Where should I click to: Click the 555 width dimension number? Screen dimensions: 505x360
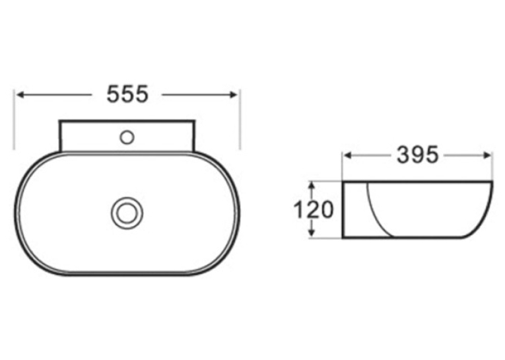coord(127,94)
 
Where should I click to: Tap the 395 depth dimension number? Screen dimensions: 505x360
coord(417,155)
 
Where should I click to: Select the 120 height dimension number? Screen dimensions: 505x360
coord(314,209)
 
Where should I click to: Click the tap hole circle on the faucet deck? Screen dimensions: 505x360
coord(127,137)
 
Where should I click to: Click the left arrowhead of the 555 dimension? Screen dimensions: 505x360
coord(20,94)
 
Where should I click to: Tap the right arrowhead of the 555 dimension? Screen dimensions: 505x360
coord(233,94)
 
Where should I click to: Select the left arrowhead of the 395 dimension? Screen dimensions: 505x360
coord(348,155)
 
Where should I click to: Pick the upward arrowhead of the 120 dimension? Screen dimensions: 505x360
coord(312,186)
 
